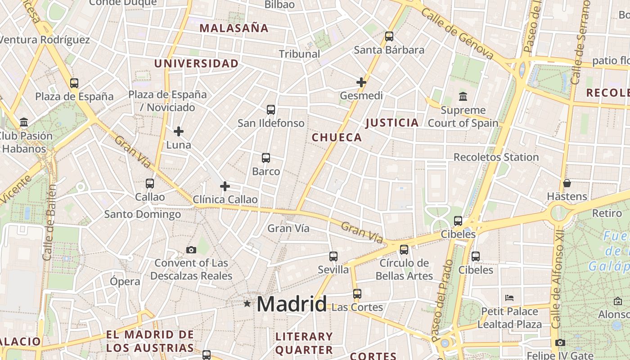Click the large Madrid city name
(x=292, y=305)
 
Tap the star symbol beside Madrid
(x=247, y=304)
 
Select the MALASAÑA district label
(x=234, y=28)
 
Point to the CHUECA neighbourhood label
(x=337, y=138)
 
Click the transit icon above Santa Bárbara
(x=389, y=36)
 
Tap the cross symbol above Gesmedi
(x=361, y=82)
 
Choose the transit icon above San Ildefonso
(x=271, y=110)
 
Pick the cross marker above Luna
(x=179, y=131)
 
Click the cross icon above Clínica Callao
(x=225, y=186)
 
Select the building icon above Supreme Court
(x=463, y=97)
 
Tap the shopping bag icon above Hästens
(x=567, y=183)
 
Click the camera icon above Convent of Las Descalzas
(x=191, y=250)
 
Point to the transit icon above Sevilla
(x=333, y=256)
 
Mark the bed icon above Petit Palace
(x=509, y=298)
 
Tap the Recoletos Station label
(x=496, y=157)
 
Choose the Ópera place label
(x=125, y=282)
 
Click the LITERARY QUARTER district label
(x=304, y=343)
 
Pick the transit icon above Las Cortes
(x=357, y=294)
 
